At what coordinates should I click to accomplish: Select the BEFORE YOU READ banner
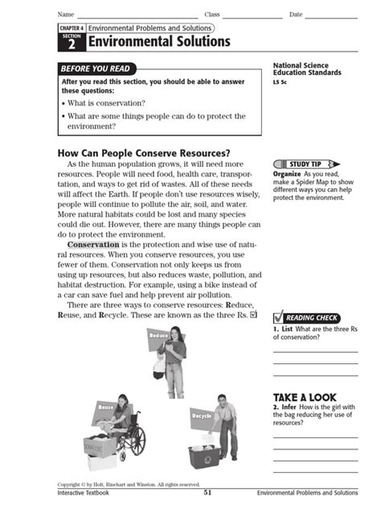[96, 69]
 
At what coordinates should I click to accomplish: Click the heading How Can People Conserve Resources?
[144, 153]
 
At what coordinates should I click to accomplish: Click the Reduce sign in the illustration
[158, 335]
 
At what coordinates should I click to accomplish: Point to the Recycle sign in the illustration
[201, 416]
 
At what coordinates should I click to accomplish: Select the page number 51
[207, 492]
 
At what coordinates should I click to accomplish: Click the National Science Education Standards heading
[307, 69]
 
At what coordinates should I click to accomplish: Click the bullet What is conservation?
[104, 103]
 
